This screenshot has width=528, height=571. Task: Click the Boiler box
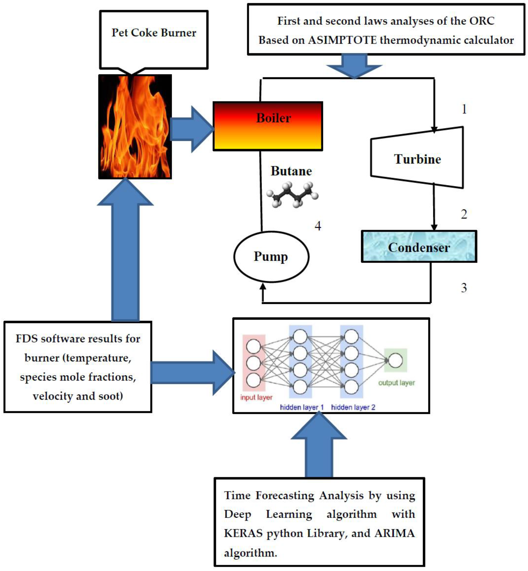click(268, 126)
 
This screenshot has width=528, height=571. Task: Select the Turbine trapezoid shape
click(417, 159)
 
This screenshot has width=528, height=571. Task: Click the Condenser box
click(419, 247)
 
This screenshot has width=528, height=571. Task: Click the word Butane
click(291, 171)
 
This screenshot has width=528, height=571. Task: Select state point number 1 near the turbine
click(464, 109)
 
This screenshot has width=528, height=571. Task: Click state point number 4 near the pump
click(318, 226)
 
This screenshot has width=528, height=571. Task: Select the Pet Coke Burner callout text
click(154, 33)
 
